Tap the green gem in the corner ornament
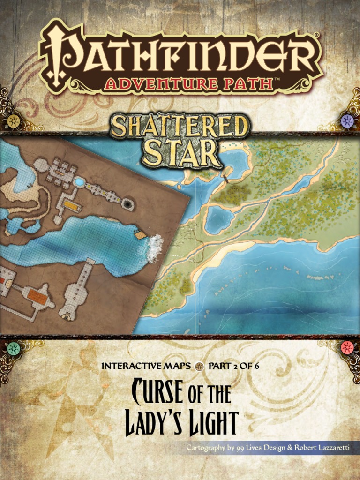tap(14, 348)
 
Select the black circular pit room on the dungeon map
tap(127, 204)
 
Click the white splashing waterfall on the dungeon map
tap(154, 247)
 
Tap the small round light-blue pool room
tap(79, 181)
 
